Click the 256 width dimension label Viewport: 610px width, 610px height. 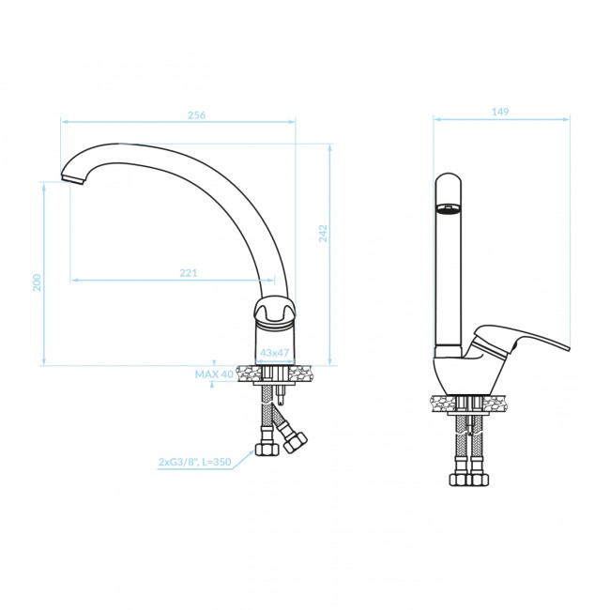coord(196,115)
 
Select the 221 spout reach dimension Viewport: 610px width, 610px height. coord(189,273)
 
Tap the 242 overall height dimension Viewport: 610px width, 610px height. coord(323,234)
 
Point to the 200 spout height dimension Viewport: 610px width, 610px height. coord(37,282)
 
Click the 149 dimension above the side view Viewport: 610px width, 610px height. coord(500,112)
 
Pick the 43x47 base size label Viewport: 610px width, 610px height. coord(274,353)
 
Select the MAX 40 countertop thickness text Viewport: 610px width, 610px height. coord(214,374)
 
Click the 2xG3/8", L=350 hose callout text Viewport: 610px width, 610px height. coord(194,462)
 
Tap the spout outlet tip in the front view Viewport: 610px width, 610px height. coord(73,179)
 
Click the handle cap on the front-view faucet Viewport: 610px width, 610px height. coord(275,310)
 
